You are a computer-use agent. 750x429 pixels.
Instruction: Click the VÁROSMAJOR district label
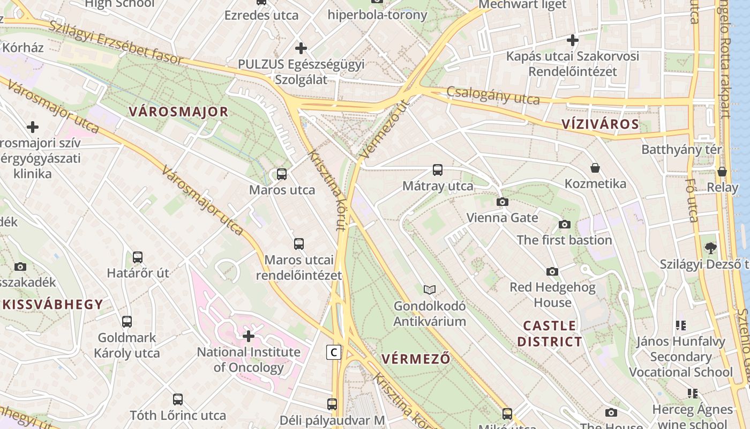coord(178,112)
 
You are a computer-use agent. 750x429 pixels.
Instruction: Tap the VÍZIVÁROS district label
coord(600,124)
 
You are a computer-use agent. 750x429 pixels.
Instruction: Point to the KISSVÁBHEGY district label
coord(52,305)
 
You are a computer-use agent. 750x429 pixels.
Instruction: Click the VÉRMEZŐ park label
coord(416,359)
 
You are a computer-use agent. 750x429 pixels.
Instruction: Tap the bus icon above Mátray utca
coord(438,170)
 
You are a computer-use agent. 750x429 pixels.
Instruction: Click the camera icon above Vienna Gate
coord(502,202)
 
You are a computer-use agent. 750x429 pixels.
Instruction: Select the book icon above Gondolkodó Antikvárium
coord(429,290)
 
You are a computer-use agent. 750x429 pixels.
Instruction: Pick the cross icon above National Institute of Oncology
coord(249,336)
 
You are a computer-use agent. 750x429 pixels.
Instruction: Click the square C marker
coord(333,352)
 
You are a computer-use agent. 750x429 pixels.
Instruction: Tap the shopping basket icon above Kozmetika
coord(595,168)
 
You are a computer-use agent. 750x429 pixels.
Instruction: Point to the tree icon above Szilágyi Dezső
coord(711,248)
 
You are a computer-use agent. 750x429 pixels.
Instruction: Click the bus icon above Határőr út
coord(138,257)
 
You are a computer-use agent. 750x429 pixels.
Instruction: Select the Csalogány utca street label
coord(493,95)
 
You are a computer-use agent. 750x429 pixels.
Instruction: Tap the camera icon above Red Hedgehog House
coord(552,271)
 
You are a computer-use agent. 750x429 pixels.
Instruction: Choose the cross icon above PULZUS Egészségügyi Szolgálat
coord(301,48)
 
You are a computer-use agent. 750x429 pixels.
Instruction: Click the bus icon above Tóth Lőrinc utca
coord(178,400)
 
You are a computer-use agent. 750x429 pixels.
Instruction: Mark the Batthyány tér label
coord(681,150)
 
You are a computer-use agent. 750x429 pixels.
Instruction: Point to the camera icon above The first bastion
coord(564,224)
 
